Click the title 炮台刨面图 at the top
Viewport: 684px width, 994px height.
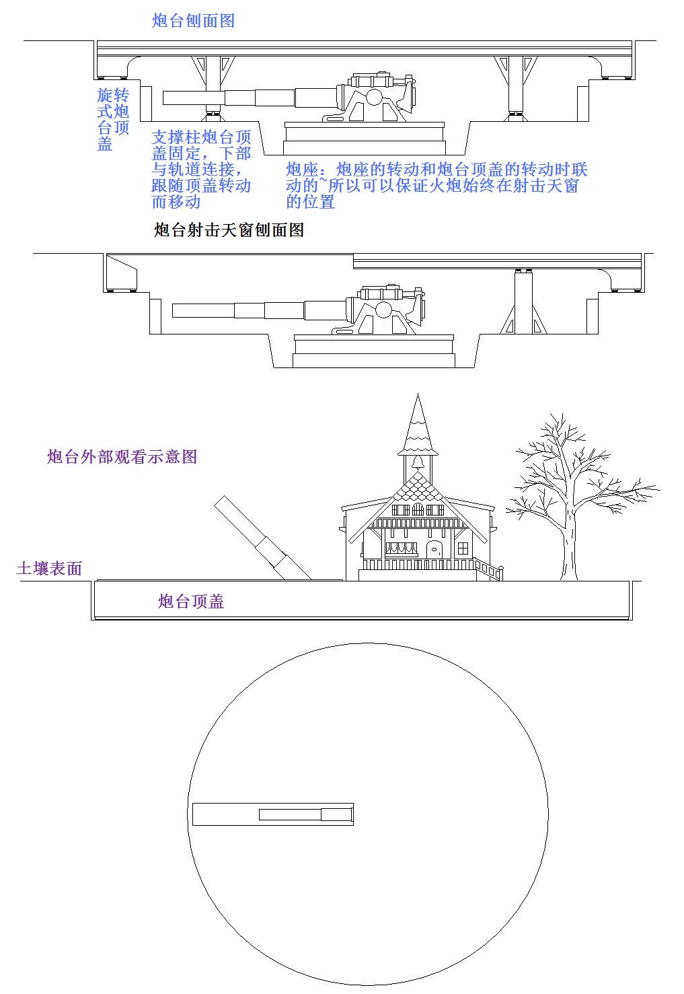point(193,20)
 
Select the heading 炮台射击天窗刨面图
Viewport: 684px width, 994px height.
point(229,230)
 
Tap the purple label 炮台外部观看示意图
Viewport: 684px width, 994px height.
point(122,456)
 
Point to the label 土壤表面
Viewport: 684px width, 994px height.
point(49,568)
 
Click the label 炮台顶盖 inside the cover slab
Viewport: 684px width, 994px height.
point(191,601)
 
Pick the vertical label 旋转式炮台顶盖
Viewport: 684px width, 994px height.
point(113,119)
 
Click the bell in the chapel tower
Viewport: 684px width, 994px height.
point(418,463)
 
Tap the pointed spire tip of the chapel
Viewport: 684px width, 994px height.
point(418,394)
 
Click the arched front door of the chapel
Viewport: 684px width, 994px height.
point(434,551)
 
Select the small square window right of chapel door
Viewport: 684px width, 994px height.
point(463,548)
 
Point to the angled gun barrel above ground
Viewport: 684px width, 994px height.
point(263,538)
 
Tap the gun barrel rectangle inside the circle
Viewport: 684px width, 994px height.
point(273,814)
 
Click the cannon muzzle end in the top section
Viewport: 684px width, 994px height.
point(163,98)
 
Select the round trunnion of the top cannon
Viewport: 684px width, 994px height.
point(374,97)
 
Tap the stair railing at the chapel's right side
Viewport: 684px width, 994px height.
point(489,569)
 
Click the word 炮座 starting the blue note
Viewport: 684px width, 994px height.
point(302,170)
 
